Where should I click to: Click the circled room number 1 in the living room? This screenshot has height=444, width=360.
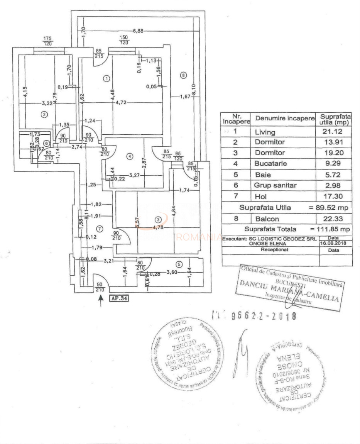[x=106, y=78]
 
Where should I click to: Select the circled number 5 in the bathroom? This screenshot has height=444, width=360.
[x=178, y=264]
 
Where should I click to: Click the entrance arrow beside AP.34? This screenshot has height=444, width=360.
[x=101, y=300]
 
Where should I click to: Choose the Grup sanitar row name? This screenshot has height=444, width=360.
[x=275, y=185]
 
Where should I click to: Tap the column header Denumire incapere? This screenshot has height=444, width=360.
[x=282, y=118]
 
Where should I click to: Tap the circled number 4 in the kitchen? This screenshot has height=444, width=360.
[x=130, y=156]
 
